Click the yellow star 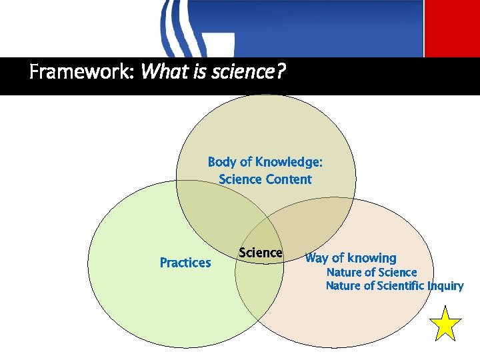coord(445,324)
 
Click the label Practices coord(185,263)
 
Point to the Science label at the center coord(261,253)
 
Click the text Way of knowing coord(350,258)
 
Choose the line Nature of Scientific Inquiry coord(394,286)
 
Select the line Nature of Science coord(371,272)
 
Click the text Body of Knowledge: coord(265,162)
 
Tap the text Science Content coord(265,179)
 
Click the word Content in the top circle coord(288,179)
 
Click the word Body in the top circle coord(221,162)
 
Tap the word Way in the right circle coord(316,258)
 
